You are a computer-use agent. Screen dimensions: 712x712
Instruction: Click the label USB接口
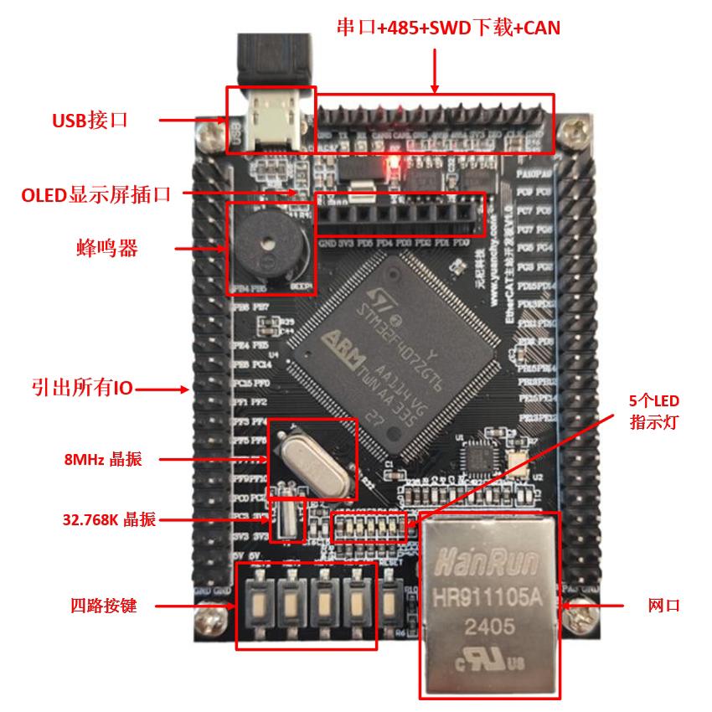89,121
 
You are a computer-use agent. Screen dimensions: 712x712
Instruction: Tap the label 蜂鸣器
106,249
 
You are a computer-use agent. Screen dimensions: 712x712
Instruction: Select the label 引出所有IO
81,388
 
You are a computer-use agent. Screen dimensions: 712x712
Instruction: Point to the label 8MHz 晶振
103,459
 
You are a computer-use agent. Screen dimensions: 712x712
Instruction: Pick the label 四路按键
103,605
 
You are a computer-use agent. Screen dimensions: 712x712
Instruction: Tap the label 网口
663,604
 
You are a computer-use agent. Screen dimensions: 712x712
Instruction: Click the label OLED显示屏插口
96,195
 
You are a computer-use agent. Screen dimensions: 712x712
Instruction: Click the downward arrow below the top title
434,70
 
